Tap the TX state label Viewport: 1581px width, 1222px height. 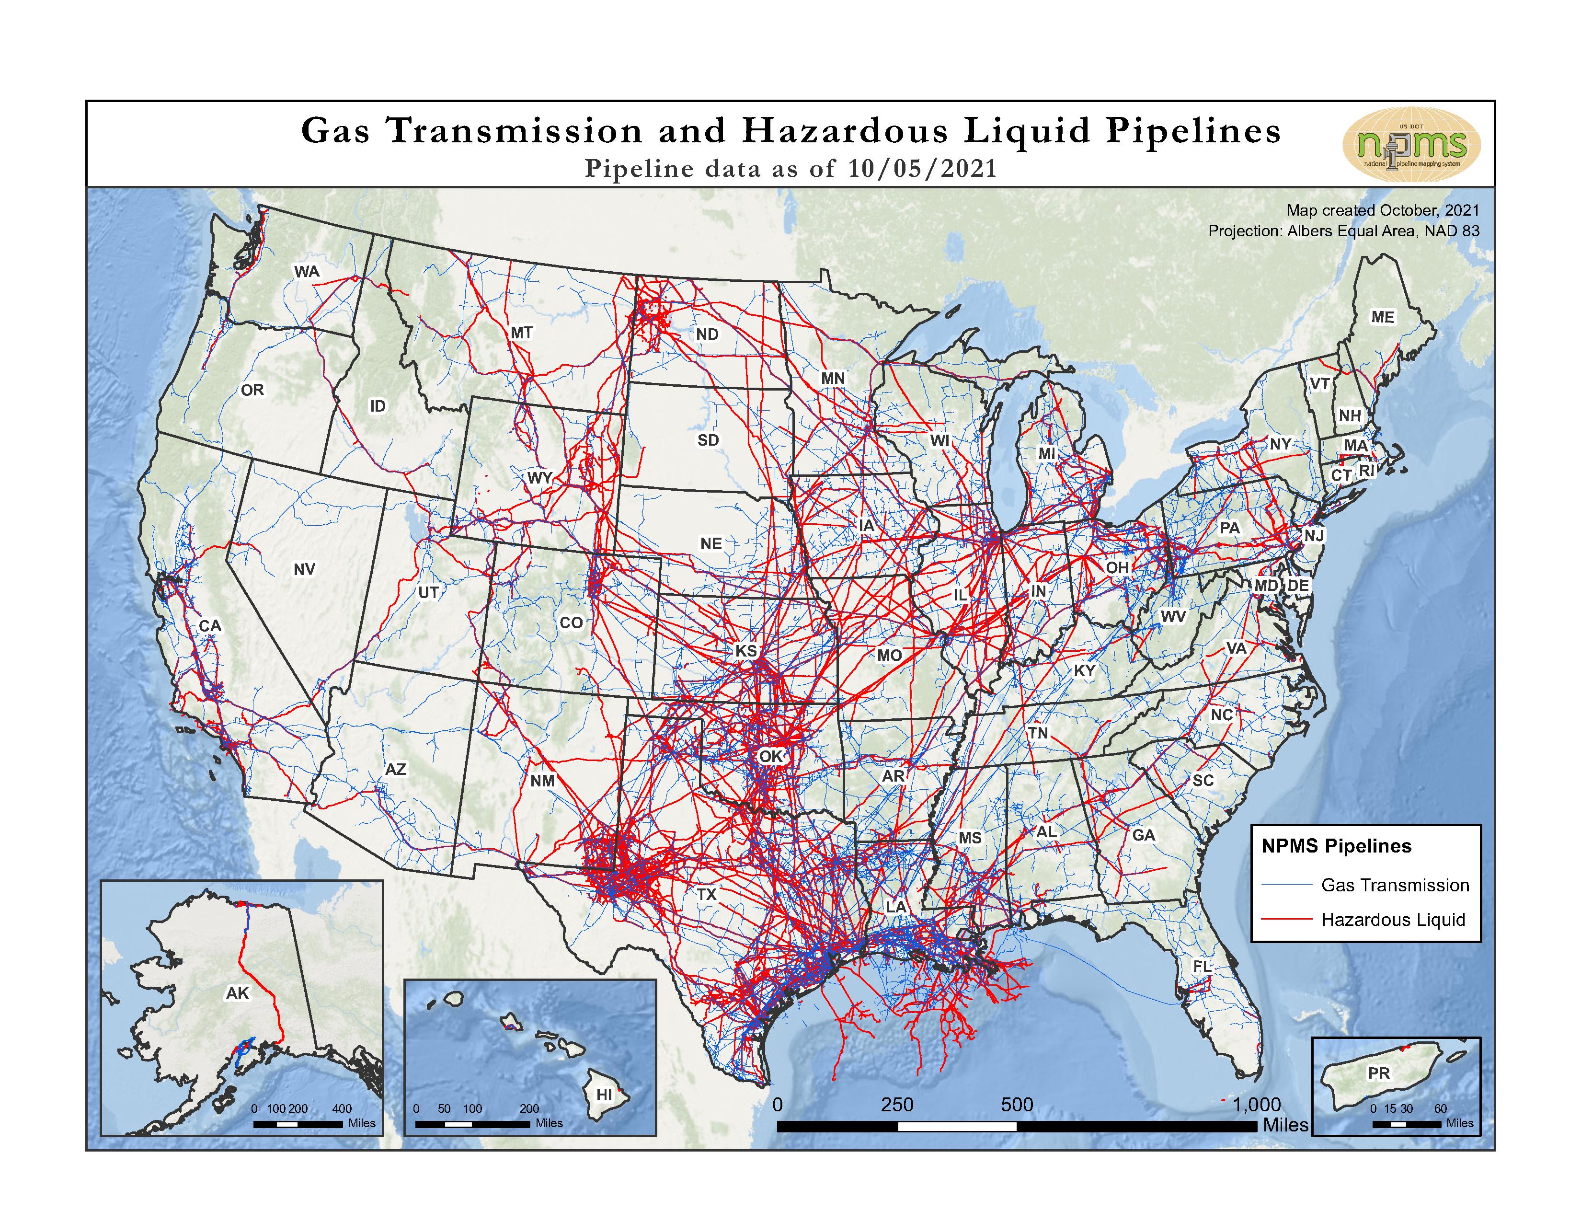707,894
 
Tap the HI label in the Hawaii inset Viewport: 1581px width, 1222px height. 604,1095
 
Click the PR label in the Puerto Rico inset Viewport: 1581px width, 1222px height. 1378,1073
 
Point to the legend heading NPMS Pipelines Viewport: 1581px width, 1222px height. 1336,845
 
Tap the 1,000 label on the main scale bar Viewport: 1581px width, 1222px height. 1257,1105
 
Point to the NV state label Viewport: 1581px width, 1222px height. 304,569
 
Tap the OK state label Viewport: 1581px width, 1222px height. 771,756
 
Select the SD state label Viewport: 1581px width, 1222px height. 708,440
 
